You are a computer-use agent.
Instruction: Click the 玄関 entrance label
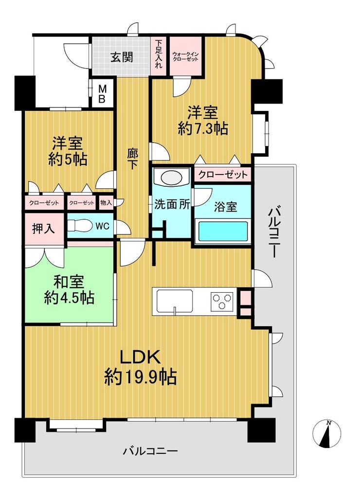122,57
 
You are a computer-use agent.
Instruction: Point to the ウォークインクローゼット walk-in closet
185,56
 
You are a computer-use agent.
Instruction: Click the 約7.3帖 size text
203,129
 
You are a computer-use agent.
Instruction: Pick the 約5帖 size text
68,159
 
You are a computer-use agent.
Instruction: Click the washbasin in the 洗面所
172,177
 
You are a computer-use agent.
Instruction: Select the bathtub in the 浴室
223,232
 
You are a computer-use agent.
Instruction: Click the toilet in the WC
78,226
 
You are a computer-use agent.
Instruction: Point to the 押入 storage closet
44,229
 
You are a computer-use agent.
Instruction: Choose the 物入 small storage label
106,202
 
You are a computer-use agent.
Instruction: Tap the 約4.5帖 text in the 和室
69,298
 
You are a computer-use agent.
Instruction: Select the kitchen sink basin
175,301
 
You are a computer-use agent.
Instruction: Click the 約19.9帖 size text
141,377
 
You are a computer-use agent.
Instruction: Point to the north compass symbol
327,433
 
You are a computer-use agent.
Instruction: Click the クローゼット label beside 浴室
223,175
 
